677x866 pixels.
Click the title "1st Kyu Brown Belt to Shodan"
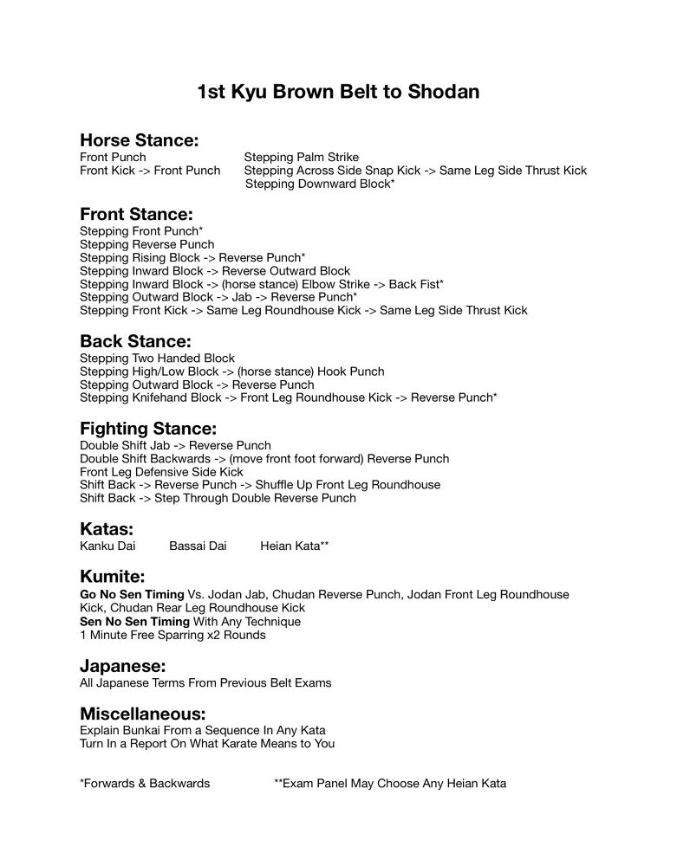pos(338,91)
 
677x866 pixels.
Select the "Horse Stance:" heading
pos(139,140)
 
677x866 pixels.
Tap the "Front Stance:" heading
pos(135,214)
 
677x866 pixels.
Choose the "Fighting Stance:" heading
pos(147,429)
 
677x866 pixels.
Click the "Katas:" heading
pos(107,529)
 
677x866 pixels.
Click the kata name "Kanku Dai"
pos(107,546)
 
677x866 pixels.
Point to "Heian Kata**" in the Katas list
pos(294,546)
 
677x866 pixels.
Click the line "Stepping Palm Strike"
pos(302,158)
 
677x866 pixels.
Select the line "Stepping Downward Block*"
pos(320,184)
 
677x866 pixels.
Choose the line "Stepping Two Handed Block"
pos(157,359)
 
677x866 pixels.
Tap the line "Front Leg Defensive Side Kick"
pos(161,472)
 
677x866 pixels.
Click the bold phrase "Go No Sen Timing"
pos(132,595)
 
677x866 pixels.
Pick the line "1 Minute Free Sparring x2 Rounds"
pos(173,635)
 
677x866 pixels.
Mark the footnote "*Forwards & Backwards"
pos(145,784)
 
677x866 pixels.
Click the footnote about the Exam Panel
pos(390,784)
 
